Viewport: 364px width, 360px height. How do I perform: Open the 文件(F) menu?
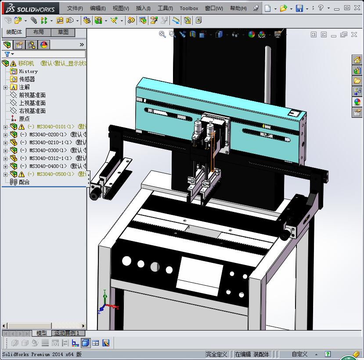point(75,8)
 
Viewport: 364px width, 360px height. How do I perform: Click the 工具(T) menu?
point(165,8)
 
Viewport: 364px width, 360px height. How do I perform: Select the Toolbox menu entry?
point(189,8)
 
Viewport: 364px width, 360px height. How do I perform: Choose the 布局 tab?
point(39,32)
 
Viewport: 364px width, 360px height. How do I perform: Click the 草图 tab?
point(63,32)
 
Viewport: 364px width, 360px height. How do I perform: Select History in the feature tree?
point(28,71)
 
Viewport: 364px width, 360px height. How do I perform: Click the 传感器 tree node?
point(27,79)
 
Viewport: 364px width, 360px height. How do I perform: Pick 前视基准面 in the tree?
point(32,95)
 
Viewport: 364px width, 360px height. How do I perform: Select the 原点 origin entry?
point(24,119)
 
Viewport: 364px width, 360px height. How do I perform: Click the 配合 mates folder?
point(24,182)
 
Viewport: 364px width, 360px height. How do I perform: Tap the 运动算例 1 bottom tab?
point(67,333)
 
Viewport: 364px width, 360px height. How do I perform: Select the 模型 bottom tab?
point(42,333)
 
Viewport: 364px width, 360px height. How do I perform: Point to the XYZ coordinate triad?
point(105,302)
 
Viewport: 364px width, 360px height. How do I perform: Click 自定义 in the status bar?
point(299,354)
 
